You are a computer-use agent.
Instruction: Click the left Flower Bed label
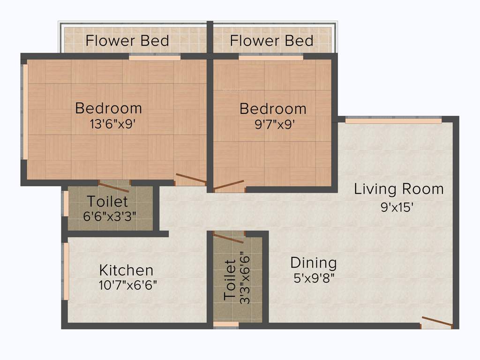point(127,41)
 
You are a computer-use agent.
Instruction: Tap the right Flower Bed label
point(271,41)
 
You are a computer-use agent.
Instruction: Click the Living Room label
point(398,189)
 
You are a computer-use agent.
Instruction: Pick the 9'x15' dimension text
point(397,207)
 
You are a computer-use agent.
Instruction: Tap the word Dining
point(313,262)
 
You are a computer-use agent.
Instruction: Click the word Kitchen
point(126,270)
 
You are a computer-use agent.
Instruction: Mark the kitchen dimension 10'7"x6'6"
point(127,285)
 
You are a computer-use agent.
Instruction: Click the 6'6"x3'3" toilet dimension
point(110,217)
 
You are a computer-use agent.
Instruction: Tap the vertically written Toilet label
point(230,280)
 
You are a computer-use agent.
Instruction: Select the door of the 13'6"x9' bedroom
point(191,179)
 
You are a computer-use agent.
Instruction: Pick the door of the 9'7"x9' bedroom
point(229,185)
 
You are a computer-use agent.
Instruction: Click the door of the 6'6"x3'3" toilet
point(114,187)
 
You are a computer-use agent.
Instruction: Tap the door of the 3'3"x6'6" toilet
point(228,238)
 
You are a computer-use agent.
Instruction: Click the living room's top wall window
point(393,120)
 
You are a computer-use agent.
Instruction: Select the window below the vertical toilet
point(226,324)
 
